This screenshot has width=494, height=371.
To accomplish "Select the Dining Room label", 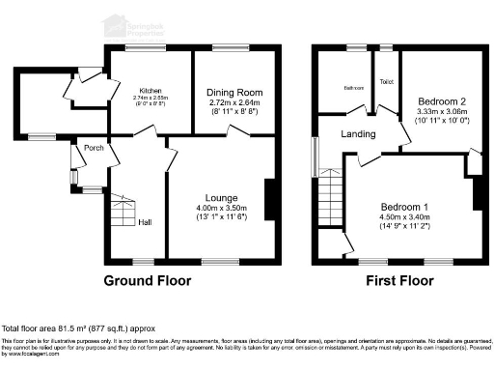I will click(233, 92).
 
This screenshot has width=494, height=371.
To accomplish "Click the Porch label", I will click(95, 148).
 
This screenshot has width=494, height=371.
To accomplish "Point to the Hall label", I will click(144, 222).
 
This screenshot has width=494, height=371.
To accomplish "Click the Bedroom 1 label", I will click(403, 208).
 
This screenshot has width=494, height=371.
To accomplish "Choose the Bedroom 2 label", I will click(443, 101).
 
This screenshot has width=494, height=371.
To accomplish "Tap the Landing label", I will click(359, 133).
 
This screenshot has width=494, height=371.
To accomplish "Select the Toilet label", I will click(388, 82).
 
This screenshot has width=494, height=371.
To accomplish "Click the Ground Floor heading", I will click(148, 281).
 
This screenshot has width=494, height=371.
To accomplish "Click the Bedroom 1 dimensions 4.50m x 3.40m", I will click(403, 219).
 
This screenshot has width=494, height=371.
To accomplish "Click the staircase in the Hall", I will click(122, 214).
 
